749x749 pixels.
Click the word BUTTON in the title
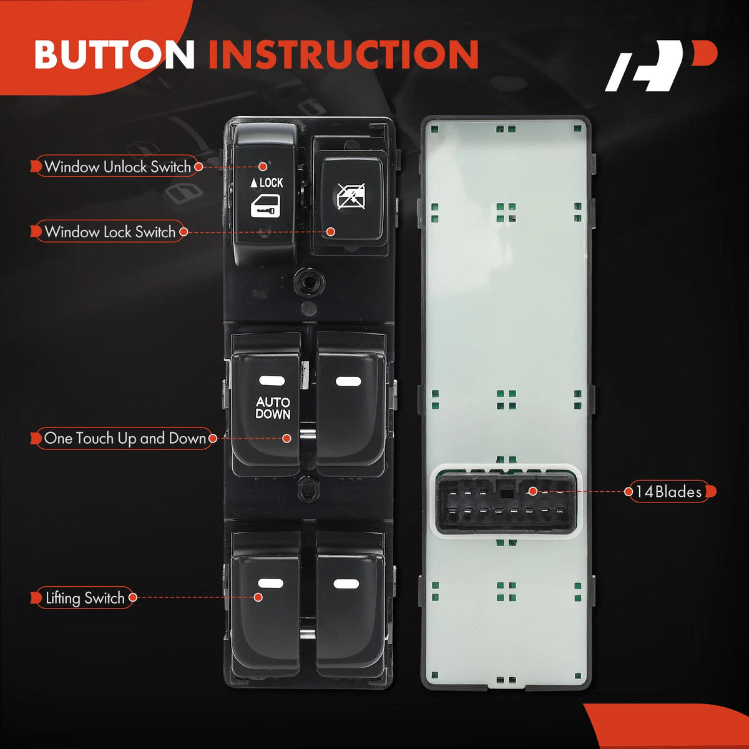coord(115,54)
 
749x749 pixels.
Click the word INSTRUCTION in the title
coord(343,54)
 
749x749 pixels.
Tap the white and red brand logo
coord(661,66)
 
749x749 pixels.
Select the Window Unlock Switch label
coord(117,167)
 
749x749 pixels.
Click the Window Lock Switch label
coord(110,232)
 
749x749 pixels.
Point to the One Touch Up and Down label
coord(124,438)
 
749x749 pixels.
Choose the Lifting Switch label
coord(85,597)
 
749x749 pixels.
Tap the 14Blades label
coord(669,492)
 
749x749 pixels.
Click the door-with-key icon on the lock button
coord(265,206)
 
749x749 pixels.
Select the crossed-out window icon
coord(351,196)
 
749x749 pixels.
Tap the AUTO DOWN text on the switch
coord(273,408)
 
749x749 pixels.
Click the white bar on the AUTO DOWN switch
coord(272,381)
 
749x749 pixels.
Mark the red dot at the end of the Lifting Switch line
coord(258,597)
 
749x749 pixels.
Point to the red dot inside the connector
coord(533,491)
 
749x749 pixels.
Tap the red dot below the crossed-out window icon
coord(331,232)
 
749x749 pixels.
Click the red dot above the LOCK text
coord(263,167)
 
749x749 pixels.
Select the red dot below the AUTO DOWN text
coord(286,438)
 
